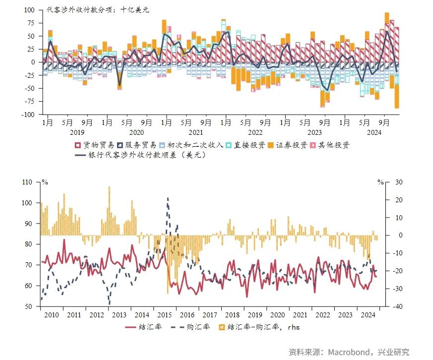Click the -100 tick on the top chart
28,115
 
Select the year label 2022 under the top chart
255,132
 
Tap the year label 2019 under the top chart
77,132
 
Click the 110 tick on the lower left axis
27,182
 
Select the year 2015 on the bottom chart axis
164,315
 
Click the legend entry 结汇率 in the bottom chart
143,327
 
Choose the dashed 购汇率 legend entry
191,327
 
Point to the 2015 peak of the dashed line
168,198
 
